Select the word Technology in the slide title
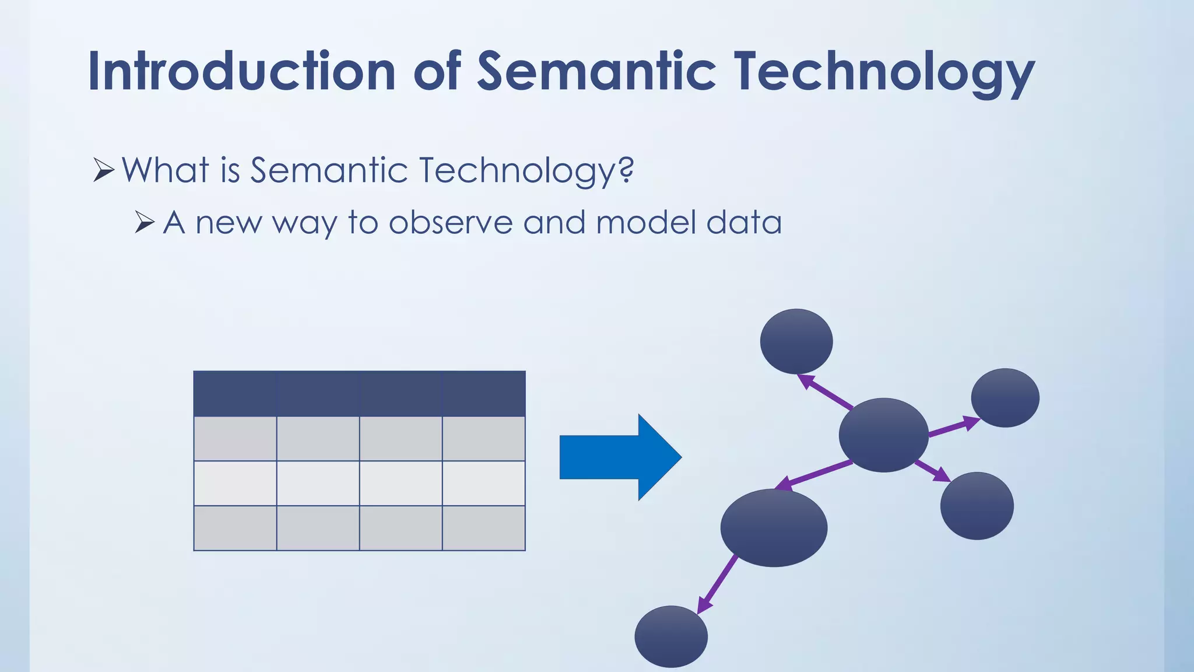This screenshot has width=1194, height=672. (884, 73)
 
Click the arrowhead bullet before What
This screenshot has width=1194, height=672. (103, 170)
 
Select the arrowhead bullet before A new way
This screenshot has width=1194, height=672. (145, 222)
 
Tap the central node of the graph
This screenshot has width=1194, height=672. (883, 435)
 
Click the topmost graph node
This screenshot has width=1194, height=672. (796, 341)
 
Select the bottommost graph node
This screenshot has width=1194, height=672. (671, 636)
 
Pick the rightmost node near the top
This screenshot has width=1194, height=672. (1005, 398)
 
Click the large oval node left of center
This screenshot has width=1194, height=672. (774, 528)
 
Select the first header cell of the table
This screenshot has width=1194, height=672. (235, 393)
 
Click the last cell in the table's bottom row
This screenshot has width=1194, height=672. (484, 528)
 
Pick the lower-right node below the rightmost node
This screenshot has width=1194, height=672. (977, 506)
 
